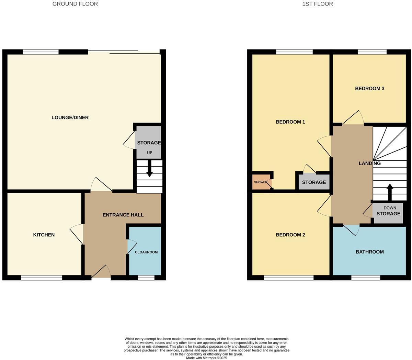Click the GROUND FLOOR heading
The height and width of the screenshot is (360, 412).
click(x=75, y=4)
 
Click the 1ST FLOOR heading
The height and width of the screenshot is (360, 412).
click(x=317, y=4)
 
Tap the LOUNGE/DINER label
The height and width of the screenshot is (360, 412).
click(x=70, y=117)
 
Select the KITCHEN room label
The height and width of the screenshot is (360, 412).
click(x=44, y=235)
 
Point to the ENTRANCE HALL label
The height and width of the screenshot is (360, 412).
click(x=123, y=215)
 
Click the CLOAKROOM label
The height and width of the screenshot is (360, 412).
click(x=146, y=252)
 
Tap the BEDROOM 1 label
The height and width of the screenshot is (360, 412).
click(x=290, y=122)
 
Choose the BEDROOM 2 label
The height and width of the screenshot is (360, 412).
click(x=290, y=235)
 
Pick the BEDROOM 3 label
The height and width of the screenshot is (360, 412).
click(x=369, y=89)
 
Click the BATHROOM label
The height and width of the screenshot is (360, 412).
click(x=369, y=252)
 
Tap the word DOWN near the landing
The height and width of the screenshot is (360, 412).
click(x=390, y=208)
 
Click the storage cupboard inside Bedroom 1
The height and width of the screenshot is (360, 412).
click(x=314, y=182)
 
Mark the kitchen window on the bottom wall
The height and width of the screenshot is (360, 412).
click(x=42, y=278)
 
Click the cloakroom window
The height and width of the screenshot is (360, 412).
click(x=146, y=278)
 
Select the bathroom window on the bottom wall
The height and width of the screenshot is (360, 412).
click(x=366, y=278)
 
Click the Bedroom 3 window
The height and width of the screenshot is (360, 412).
click(x=372, y=52)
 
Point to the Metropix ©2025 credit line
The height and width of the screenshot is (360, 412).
click(x=206, y=358)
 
